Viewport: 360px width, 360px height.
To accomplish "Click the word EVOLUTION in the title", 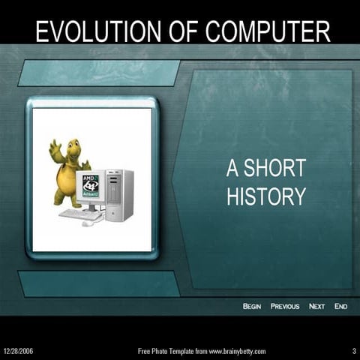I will coord(89,31).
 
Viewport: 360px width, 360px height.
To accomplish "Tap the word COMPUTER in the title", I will coord(268,31).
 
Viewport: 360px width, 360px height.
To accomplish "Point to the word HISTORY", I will coord(266,196).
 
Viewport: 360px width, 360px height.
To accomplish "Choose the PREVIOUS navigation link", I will coord(285,306).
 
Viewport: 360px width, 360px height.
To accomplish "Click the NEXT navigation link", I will coord(316,306).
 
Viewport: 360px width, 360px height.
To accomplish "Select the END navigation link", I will coord(340,306).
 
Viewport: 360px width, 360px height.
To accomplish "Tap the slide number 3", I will coord(353,351).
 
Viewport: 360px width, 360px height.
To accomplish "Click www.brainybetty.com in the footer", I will coord(237,351).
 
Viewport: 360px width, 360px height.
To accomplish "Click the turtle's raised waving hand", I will coord(55,145).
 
